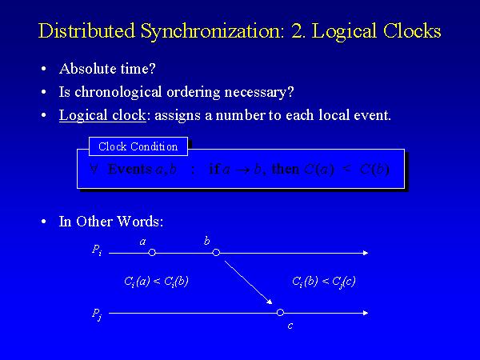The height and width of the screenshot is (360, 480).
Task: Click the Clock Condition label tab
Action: click(138, 146)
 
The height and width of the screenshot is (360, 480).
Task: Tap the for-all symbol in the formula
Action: click(94, 169)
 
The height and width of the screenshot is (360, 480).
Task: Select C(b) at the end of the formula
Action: click(374, 169)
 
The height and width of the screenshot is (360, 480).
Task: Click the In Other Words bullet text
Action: click(111, 222)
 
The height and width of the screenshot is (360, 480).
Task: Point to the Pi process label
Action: click(97, 251)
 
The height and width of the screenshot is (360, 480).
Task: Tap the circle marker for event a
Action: click(152, 253)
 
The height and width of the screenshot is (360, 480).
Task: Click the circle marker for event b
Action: click(216, 253)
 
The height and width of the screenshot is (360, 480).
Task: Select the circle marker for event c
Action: click(280, 312)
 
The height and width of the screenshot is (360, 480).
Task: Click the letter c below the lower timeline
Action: click(290, 326)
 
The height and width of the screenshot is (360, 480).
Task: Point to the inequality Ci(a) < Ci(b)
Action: click(156, 281)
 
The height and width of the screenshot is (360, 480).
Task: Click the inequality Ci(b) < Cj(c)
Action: click(324, 281)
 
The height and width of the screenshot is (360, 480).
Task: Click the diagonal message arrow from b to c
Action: click(248, 282)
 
